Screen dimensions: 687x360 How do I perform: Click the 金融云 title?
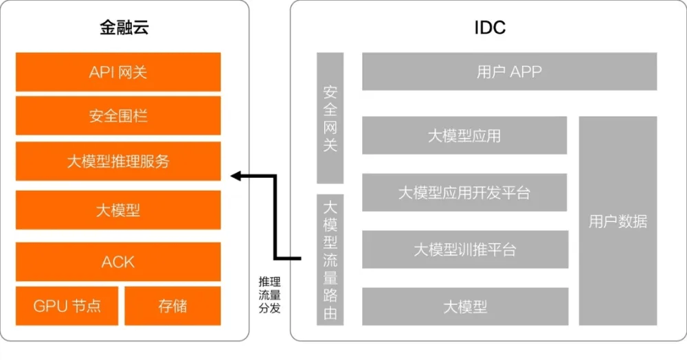pyautogui.click(x=124, y=27)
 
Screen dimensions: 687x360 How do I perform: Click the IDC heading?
pyautogui.click(x=490, y=27)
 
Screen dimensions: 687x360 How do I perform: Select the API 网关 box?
pyautogui.click(x=118, y=72)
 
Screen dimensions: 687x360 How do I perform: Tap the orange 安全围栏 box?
pyautogui.click(x=118, y=115)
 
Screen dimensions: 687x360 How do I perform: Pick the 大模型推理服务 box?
pyautogui.click(x=118, y=161)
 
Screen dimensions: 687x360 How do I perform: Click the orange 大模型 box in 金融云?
pyautogui.click(x=118, y=210)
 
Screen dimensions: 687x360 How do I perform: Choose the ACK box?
pyautogui.click(x=118, y=262)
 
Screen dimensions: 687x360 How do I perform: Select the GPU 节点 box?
pyautogui.click(x=67, y=306)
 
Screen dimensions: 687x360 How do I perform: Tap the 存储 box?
pyautogui.click(x=172, y=306)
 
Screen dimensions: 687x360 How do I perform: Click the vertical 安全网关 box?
pyautogui.click(x=330, y=117)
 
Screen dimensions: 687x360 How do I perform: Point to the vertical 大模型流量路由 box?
pyautogui.click(x=330, y=260)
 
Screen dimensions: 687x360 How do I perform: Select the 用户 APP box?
pyautogui.click(x=510, y=71)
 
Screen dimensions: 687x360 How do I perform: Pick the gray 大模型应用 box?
pyautogui.click(x=464, y=135)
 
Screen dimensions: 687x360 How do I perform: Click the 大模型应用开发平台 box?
pyautogui.click(x=464, y=192)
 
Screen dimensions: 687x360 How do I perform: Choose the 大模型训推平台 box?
pyautogui.click(x=465, y=249)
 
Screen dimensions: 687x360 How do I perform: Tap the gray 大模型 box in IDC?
pyautogui.click(x=465, y=306)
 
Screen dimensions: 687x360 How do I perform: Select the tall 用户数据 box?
pyautogui.click(x=618, y=221)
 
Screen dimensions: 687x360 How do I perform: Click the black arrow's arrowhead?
pyautogui.click(x=236, y=176)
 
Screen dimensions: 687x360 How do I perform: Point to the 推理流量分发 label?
pyautogui.click(x=269, y=295)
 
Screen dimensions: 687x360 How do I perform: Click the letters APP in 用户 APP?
pyautogui.click(x=526, y=71)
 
